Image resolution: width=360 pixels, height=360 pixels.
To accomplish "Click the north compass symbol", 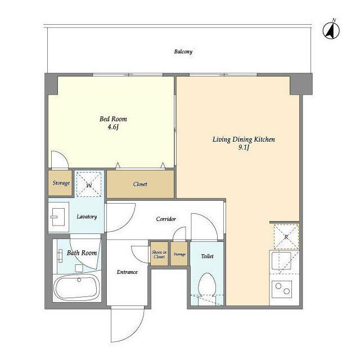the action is coord(331,30).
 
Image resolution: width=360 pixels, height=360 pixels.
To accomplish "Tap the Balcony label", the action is coord(183,51).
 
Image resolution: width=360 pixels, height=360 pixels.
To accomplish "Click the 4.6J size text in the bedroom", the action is coord(113,127).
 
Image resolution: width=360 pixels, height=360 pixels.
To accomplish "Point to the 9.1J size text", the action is coord(244,147).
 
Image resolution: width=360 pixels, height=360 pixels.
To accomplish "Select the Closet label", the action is coord(140,184).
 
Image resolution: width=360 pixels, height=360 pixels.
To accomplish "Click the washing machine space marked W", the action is coord(89,184).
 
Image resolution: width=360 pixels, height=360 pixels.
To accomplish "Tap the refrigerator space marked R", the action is coord(286,237).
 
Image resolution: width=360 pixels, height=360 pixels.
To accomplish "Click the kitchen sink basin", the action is coord(281,261).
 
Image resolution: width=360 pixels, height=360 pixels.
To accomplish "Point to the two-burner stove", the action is coord(282,289).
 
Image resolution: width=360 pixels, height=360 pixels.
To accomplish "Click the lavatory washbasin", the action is coord(58,217).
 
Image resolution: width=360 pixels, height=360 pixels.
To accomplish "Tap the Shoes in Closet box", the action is coord(159,254).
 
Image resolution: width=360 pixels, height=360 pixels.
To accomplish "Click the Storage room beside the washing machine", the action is coord(60,183).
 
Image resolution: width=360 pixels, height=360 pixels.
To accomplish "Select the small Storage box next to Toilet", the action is coord(179,254).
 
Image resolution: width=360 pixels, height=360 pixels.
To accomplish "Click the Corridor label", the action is coord(166,219).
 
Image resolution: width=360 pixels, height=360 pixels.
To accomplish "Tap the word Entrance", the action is coord(127,272).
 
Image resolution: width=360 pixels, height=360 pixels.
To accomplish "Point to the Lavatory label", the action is coord(87,217).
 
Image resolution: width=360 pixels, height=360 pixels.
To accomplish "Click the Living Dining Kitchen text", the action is coord(244,139).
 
